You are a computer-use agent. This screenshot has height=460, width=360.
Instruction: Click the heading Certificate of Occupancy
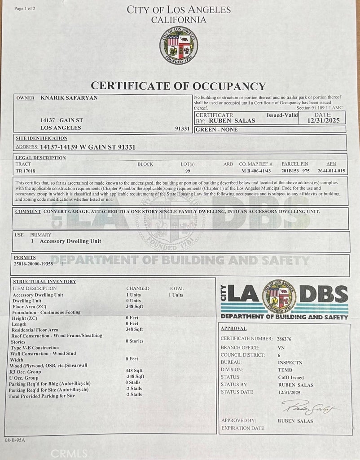178,86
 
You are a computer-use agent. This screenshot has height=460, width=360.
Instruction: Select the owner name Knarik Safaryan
69,97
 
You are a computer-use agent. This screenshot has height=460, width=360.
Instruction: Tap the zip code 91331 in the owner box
183,128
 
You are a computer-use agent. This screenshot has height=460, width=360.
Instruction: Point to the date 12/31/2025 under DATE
326,120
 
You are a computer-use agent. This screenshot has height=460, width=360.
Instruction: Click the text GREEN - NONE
217,129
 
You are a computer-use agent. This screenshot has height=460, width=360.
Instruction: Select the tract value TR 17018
26,171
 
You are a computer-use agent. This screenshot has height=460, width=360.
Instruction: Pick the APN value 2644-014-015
331,171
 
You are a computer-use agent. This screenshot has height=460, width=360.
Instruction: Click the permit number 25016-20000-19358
34,264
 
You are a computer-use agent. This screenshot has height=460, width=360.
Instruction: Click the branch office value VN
281,348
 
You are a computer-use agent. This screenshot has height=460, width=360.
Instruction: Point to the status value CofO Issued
290,377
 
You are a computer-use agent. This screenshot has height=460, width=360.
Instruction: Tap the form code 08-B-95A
16,440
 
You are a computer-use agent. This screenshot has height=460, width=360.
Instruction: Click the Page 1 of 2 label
25,9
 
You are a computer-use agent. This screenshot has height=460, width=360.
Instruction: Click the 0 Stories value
135,341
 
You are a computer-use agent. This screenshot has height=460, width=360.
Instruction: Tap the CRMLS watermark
69,453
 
